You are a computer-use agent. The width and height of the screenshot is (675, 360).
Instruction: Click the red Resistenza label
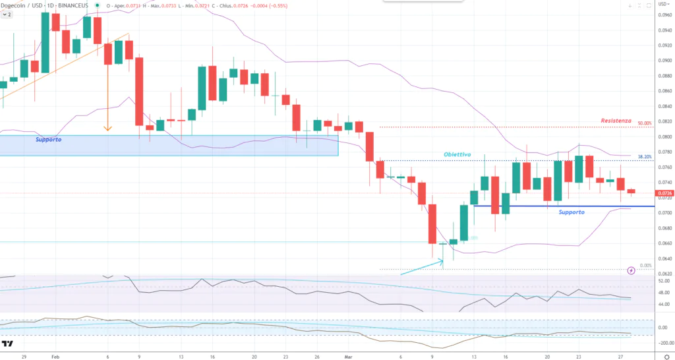point(616,121)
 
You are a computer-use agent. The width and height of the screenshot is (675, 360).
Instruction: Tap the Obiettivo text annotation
point(456,154)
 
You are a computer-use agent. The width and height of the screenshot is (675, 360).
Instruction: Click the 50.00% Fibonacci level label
point(645,123)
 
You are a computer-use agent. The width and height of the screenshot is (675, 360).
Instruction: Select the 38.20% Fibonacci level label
point(645,157)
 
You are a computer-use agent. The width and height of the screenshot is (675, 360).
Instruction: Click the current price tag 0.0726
point(664,193)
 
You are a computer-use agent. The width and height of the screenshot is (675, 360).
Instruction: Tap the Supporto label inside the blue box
point(49,140)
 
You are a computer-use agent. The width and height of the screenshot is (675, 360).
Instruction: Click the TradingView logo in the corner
point(8,344)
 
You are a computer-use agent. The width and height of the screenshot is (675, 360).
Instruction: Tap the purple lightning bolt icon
point(631,270)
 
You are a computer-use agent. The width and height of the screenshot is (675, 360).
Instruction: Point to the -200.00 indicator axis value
point(662,343)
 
